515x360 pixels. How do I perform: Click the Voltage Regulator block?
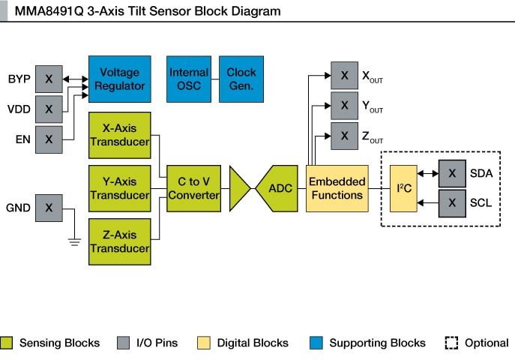click(x=119, y=79)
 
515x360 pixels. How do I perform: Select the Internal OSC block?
click(x=188, y=79)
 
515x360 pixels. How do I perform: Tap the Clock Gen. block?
click(x=241, y=79)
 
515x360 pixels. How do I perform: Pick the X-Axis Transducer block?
click(x=119, y=135)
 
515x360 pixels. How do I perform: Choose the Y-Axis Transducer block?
click(x=119, y=188)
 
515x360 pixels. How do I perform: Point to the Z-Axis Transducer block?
click(x=119, y=241)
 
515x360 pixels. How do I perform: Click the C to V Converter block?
click(x=193, y=188)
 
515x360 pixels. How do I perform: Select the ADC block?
click(x=280, y=188)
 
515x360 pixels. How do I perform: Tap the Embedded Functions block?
click(x=337, y=188)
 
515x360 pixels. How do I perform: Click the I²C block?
click(x=403, y=188)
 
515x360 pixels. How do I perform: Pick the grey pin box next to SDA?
click(x=452, y=173)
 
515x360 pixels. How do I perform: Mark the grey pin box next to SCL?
click(x=452, y=202)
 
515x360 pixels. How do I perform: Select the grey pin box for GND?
click(x=49, y=208)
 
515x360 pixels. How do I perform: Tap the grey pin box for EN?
click(x=49, y=139)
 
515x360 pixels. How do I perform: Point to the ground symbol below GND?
click(x=74, y=240)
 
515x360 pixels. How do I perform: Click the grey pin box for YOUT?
click(x=344, y=105)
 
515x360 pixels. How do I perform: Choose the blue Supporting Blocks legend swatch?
click(x=316, y=343)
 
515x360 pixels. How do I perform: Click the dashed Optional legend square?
click(x=451, y=343)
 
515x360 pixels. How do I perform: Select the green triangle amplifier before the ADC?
click(x=239, y=188)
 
